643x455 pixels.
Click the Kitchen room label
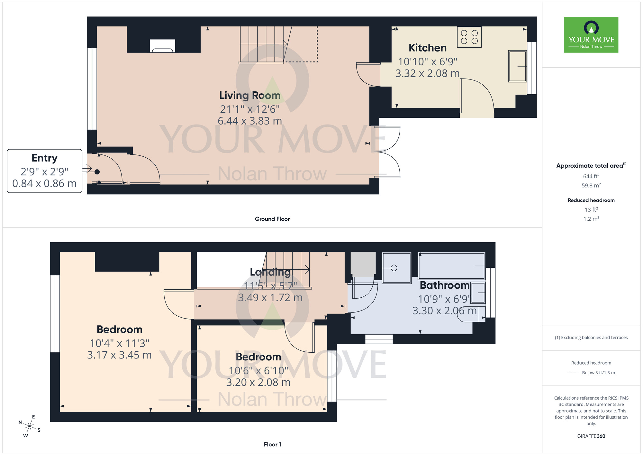[427, 48]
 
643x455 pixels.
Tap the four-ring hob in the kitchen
[469, 37]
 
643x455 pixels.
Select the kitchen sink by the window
[517, 66]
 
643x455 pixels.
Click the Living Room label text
[250, 96]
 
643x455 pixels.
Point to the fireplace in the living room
[162, 46]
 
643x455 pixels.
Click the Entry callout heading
[44, 158]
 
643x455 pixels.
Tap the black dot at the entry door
[97, 172]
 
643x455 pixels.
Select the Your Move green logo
[591, 35]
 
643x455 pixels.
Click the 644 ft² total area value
[591, 176]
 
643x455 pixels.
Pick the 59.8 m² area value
[591, 185]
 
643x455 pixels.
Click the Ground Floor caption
[272, 219]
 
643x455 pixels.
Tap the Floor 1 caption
[272, 444]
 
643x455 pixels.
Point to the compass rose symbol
[30, 427]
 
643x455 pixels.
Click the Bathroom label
[444, 285]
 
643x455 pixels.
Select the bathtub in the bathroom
[451, 266]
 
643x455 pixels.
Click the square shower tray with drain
[396, 268]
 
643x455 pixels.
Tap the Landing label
[270, 272]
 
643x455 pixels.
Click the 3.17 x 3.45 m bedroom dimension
[119, 355]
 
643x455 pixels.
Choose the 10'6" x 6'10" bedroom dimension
[258, 371]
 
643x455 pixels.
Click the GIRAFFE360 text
[591, 436]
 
